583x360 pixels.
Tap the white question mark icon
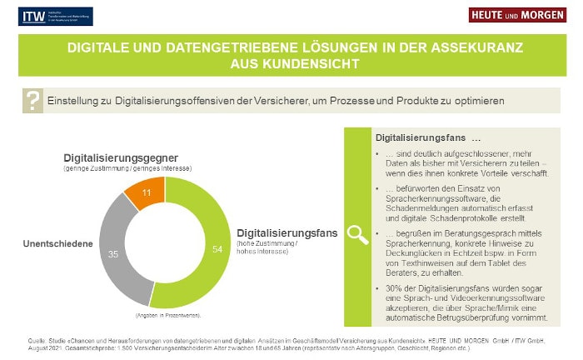tap(32, 101)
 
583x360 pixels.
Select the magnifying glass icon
tap(358, 234)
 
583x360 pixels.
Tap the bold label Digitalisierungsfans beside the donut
tap(287, 233)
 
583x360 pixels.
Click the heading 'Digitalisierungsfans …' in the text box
tap(428, 137)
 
